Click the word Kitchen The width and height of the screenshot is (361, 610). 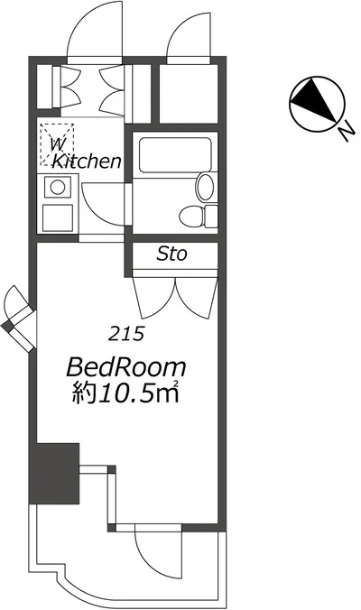click(x=87, y=162)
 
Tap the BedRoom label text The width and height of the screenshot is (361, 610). click(x=127, y=367)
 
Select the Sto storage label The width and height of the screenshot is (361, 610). click(x=171, y=254)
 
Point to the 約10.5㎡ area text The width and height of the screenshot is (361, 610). click(x=127, y=394)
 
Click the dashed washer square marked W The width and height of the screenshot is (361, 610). click(x=56, y=143)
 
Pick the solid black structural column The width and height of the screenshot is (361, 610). click(x=55, y=472)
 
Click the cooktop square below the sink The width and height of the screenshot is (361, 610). click(x=57, y=217)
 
